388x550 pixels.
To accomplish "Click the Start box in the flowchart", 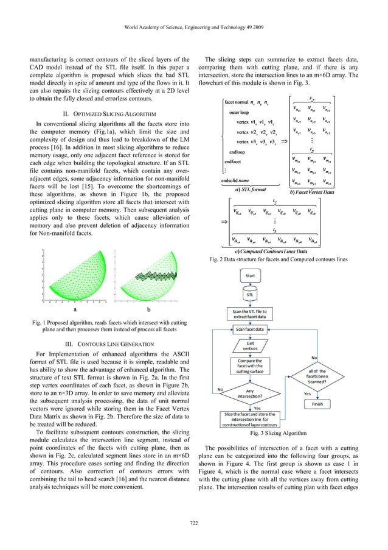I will pyautogui.click(x=250, y=275).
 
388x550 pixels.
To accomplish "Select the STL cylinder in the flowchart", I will pyautogui.click(x=249, y=295).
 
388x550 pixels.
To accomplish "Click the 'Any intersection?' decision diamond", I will pyautogui.click(x=249, y=393).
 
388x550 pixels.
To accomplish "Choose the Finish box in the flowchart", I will pyautogui.click(x=317, y=403).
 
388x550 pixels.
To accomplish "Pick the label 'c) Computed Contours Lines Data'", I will pyautogui.click(x=271, y=251).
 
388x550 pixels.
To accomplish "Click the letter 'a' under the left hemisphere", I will pyautogui.click(x=74, y=309).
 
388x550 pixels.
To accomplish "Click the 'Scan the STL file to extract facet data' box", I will pyautogui.click(x=250, y=313).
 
